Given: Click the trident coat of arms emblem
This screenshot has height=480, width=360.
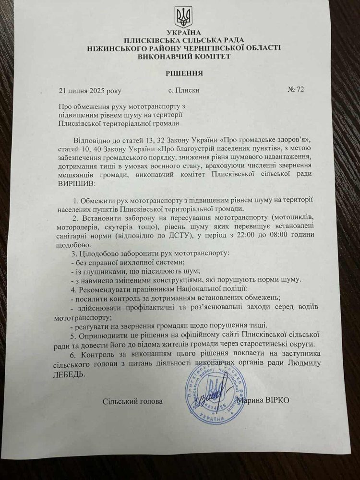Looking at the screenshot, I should (183, 17).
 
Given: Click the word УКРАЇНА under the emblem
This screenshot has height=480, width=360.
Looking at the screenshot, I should (183, 32).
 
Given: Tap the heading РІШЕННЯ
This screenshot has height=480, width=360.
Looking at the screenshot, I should (184, 73).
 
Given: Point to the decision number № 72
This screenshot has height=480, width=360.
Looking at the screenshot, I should (296, 89).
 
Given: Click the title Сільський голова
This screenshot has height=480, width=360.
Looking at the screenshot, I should (132, 401).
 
